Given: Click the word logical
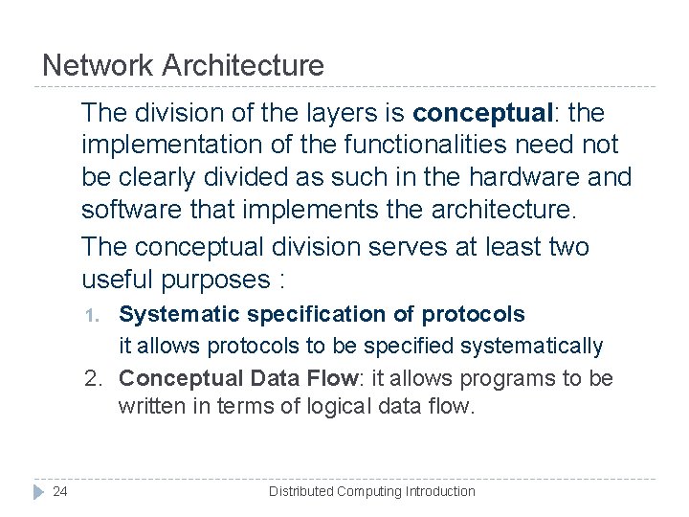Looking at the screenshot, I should [339, 407].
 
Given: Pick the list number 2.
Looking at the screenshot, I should [93, 378].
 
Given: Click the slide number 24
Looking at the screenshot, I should [60, 491].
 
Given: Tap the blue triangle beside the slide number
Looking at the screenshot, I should [38, 491].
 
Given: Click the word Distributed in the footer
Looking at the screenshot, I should [300, 491].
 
